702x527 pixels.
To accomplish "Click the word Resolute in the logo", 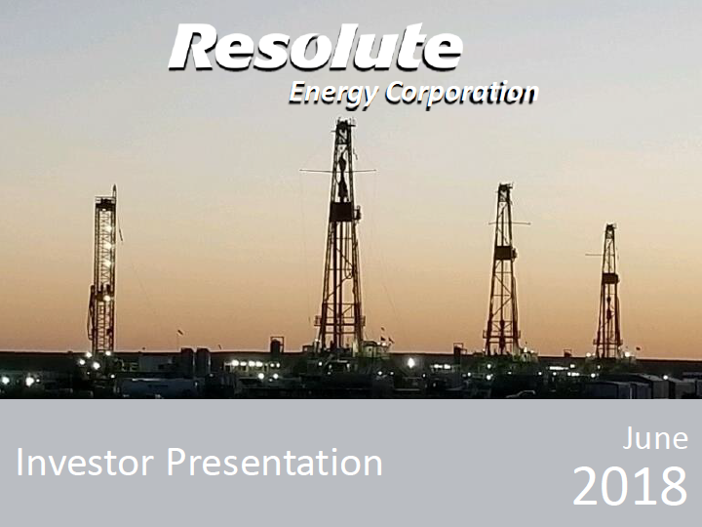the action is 316,47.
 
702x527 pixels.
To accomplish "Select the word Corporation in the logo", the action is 461,93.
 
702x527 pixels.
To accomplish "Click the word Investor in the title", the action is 85,462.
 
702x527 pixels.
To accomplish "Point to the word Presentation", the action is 275,462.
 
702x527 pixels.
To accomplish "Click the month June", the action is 655,438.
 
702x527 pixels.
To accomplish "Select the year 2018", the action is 630,487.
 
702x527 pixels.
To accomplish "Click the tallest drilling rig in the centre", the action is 341,235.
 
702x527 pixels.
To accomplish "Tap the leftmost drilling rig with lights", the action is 104,270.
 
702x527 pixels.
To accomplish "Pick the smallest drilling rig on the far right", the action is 608,291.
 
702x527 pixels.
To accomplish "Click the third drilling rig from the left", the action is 503,269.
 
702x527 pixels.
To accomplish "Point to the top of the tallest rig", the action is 344,120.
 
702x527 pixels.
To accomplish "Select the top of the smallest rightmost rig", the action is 609,225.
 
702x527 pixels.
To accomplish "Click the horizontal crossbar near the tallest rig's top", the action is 338,171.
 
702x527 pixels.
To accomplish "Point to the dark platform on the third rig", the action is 505,253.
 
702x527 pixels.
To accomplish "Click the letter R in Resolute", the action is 193,47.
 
